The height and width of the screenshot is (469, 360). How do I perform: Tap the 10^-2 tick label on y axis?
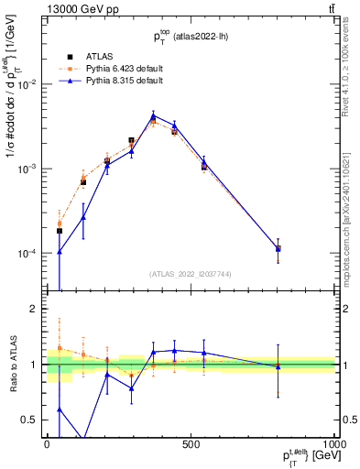point(27,84)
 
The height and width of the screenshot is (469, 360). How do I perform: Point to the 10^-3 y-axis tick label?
point(27,169)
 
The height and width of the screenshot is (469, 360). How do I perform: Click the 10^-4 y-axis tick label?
point(27,254)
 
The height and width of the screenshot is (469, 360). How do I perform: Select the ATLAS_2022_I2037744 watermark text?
point(191,274)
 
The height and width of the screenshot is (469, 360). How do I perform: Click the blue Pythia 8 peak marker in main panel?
point(153,116)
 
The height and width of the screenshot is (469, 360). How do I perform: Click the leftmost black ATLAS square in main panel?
point(60,231)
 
